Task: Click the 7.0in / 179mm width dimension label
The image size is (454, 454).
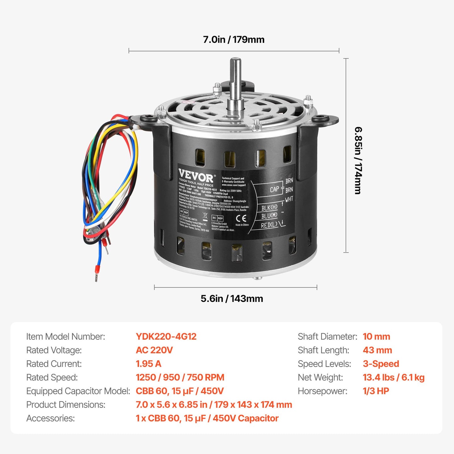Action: [x=233, y=40]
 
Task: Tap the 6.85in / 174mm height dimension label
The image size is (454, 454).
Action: [x=358, y=161]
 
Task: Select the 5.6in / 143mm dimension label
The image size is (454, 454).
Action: [x=232, y=298]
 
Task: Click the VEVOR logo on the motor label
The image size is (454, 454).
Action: [x=196, y=175]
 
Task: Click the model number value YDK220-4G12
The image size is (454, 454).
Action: [x=166, y=336]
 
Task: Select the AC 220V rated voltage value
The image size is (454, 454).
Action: [x=154, y=350]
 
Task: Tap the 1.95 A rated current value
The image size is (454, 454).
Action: [x=148, y=364]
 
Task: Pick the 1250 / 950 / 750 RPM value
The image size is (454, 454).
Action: [x=180, y=377]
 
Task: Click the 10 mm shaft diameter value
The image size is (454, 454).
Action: [x=376, y=336]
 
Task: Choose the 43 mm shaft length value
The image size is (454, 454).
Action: [x=377, y=350]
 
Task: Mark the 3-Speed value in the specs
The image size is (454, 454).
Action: [x=381, y=364]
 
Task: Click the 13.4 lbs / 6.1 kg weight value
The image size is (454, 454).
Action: [x=394, y=377]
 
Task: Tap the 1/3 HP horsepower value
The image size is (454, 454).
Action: [x=376, y=391]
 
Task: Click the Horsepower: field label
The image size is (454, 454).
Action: [x=323, y=391]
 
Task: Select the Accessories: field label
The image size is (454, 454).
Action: [x=51, y=418]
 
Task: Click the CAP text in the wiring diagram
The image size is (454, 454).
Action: [x=274, y=189]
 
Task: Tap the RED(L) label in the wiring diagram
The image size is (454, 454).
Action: [x=269, y=225]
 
